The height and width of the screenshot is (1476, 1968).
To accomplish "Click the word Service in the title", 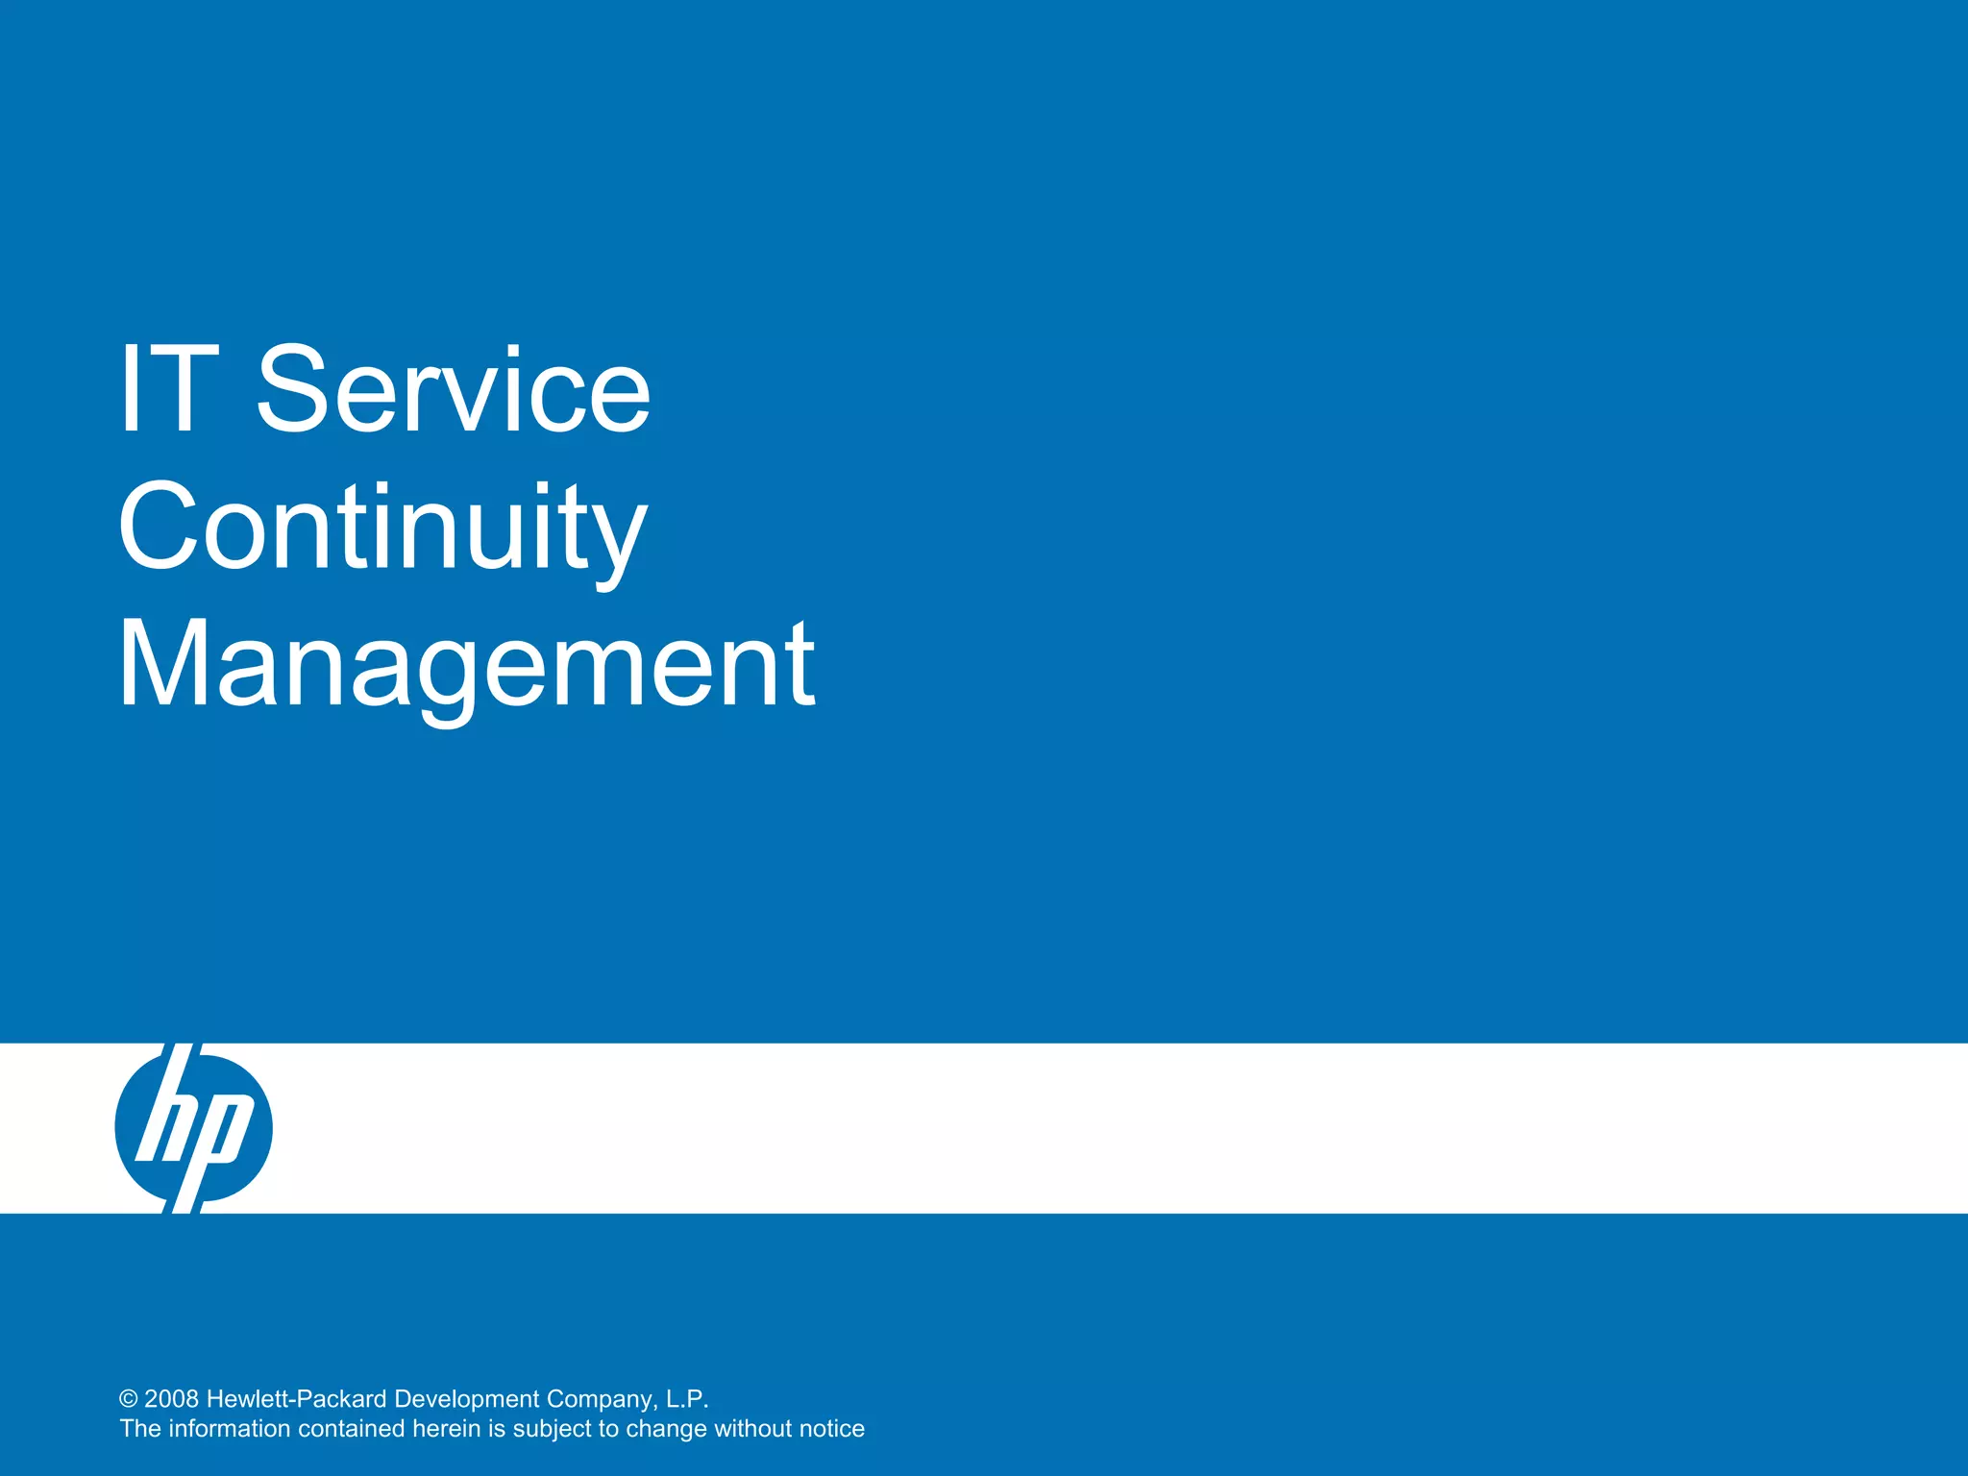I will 454,389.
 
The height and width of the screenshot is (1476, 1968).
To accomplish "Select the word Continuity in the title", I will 382,529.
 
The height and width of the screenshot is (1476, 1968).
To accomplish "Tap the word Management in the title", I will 466,665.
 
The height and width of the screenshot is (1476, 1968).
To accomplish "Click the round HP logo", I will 193,1128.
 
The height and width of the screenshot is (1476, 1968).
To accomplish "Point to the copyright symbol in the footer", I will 129,1399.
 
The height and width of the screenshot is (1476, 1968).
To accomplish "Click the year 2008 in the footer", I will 172,1399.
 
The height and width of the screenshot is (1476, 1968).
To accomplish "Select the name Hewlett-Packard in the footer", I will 297,1399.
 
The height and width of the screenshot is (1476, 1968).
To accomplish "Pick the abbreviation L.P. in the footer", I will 687,1399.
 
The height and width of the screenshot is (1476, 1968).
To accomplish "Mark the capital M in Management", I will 159,665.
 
